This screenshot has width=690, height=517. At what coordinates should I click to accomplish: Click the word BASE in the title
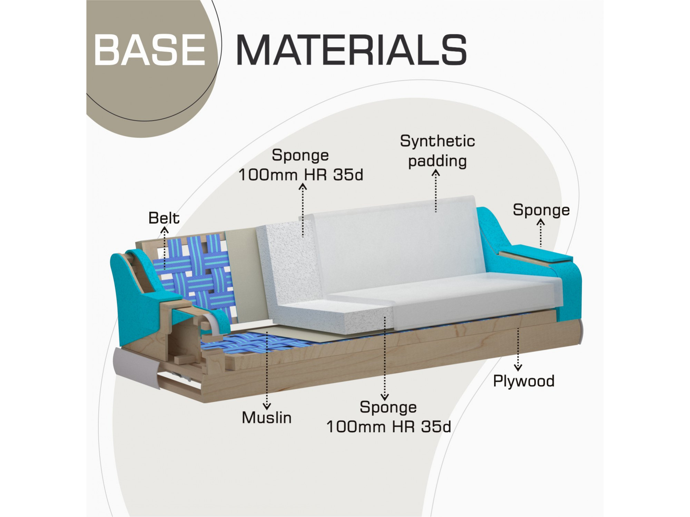tap(150, 50)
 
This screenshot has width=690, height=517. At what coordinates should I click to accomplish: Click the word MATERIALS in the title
tap(352, 50)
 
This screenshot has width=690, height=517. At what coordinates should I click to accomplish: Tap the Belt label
tap(164, 218)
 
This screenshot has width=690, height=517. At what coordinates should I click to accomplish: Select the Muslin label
tap(267, 418)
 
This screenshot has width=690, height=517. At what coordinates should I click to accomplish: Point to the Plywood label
tap(524, 382)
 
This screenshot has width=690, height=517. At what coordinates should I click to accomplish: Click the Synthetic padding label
tap(437, 151)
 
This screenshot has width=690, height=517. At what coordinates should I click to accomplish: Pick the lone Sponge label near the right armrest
tap(541, 210)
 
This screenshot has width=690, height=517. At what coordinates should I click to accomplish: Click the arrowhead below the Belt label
tap(165, 230)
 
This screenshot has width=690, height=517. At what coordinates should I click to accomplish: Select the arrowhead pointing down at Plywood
tap(518, 367)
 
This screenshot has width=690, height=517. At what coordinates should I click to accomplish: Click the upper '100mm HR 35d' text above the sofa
tap(301, 175)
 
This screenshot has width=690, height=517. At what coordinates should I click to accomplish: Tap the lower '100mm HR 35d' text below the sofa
tap(389, 427)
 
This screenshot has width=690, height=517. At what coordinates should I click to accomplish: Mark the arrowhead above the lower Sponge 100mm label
tap(385, 397)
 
